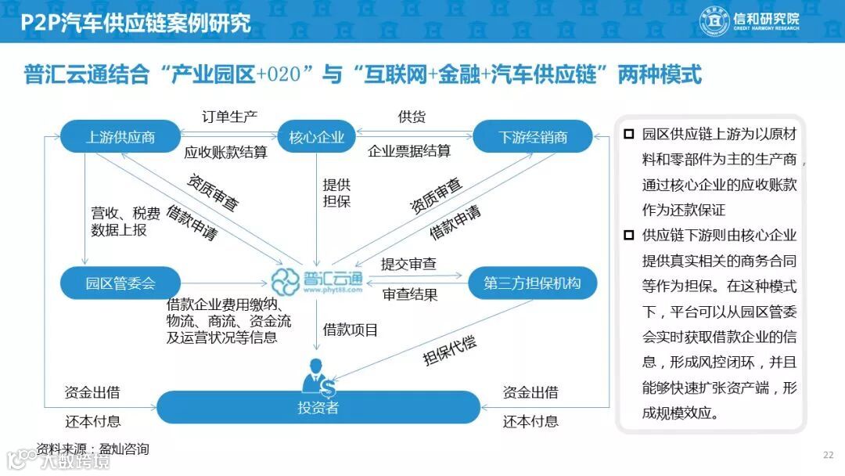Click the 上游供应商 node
[120, 137]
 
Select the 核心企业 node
[317, 137]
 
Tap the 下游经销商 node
[533, 137]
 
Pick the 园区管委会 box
[120, 283]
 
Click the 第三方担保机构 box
[532, 283]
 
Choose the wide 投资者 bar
[318, 407]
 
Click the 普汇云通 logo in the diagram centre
[318, 279]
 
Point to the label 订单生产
[230, 117]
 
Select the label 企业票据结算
[409, 151]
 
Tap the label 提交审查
[408, 264]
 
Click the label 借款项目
[351, 330]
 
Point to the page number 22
[828, 455]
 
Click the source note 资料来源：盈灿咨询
[92, 449]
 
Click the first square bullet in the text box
[628, 135]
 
